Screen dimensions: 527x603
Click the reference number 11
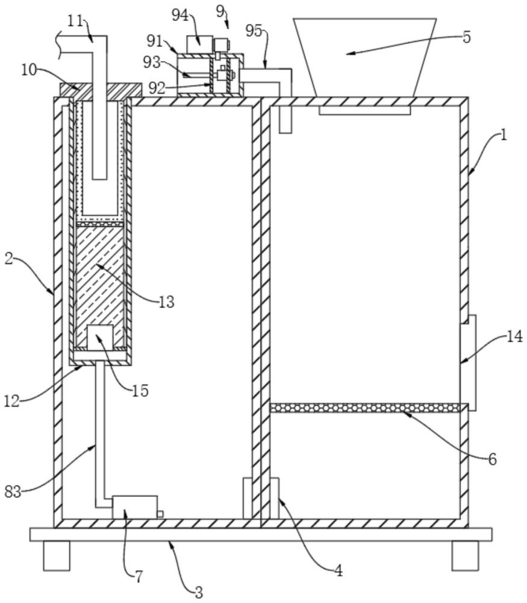click(x=76, y=21)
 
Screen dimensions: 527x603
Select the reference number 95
click(x=254, y=31)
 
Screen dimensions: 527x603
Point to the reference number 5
click(x=466, y=37)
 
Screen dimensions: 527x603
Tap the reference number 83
click(x=13, y=491)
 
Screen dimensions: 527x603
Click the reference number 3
click(x=199, y=592)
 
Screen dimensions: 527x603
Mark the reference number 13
click(x=167, y=302)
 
